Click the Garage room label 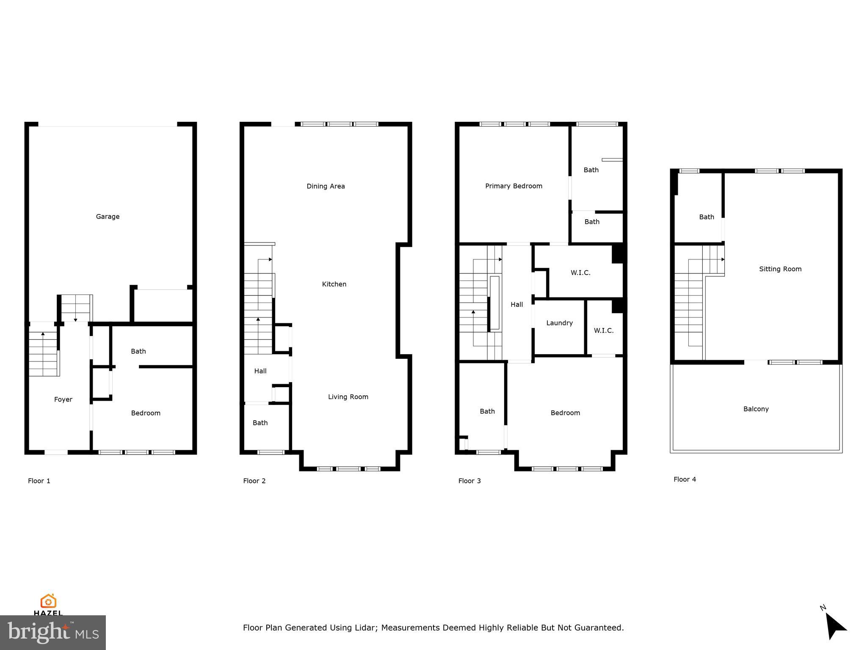(x=108, y=217)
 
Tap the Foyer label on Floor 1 (x=63, y=399)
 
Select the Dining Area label (x=326, y=186)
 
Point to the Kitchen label (x=334, y=284)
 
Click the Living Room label (x=348, y=397)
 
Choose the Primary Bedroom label (x=514, y=186)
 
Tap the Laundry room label (x=559, y=323)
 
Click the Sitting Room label (x=780, y=269)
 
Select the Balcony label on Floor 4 (x=756, y=409)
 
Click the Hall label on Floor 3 (x=516, y=305)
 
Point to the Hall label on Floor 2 (x=260, y=371)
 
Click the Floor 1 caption (x=39, y=481)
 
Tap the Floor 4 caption (x=685, y=479)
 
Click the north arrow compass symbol (x=834, y=626)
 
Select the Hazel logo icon (x=48, y=601)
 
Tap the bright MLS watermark (x=53, y=633)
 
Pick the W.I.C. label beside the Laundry (x=603, y=331)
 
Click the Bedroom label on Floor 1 (x=146, y=413)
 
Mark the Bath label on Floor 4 (x=706, y=217)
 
